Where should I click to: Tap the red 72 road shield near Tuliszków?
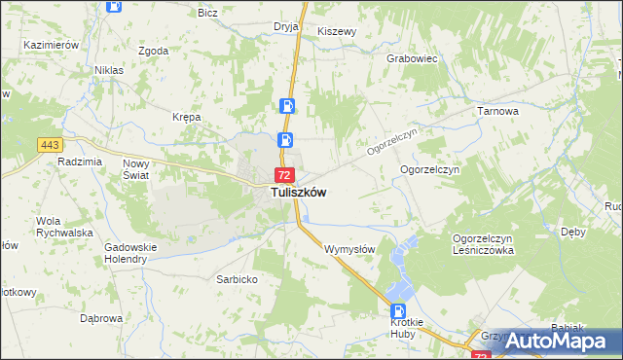(x=283, y=175)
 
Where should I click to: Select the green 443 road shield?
(x=51, y=145)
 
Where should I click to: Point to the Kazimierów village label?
(x=52, y=46)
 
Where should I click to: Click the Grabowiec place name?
(x=413, y=58)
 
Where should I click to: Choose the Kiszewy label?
(x=338, y=31)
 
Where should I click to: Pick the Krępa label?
(x=186, y=117)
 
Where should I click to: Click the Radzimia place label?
(x=80, y=162)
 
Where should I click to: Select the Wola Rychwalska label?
(x=63, y=227)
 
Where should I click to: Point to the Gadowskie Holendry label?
(x=131, y=253)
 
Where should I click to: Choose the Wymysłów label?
(x=349, y=249)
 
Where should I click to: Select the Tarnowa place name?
(x=497, y=112)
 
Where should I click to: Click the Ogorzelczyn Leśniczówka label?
(x=483, y=244)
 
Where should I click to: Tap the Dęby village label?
(x=573, y=232)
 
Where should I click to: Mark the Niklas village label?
(x=108, y=70)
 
